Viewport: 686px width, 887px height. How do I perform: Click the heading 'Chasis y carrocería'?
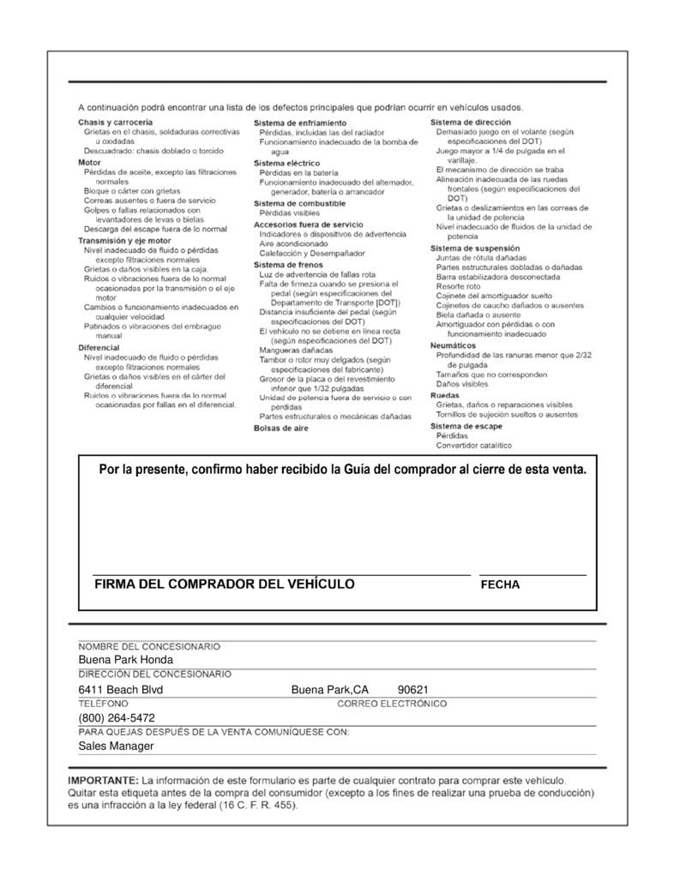click(x=116, y=123)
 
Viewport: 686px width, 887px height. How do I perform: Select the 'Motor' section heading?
click(x=89, y=162)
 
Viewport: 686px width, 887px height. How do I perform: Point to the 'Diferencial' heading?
click(x=99, y=347)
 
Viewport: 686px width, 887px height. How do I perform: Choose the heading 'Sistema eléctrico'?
click(x=286, y=162)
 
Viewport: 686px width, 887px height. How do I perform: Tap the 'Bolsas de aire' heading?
click(x=280, y=428)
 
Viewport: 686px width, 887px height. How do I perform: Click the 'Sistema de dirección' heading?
click(x=470, y=123)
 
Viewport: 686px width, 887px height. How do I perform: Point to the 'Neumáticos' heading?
click(x=452, y=345)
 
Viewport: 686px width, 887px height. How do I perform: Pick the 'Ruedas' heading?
click(x=443, y=395)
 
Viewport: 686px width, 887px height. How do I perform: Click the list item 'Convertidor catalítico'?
click(x=473, y=445)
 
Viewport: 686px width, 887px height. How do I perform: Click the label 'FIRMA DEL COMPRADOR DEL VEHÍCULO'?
click(x=224, y=584)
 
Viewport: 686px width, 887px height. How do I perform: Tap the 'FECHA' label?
click(x=500, y=585)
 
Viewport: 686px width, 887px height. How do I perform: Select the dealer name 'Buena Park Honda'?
click(x=125, y=660)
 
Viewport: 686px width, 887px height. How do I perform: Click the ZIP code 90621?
click(x=413, y=690)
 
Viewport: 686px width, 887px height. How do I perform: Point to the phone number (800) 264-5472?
click(x=117, y=718)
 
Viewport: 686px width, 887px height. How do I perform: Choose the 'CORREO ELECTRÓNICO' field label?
click(x=392, y=704)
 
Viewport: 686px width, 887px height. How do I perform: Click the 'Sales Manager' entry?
click(x=116, y=746)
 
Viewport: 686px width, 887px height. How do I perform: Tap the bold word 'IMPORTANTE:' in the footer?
click(x=102, y=781)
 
